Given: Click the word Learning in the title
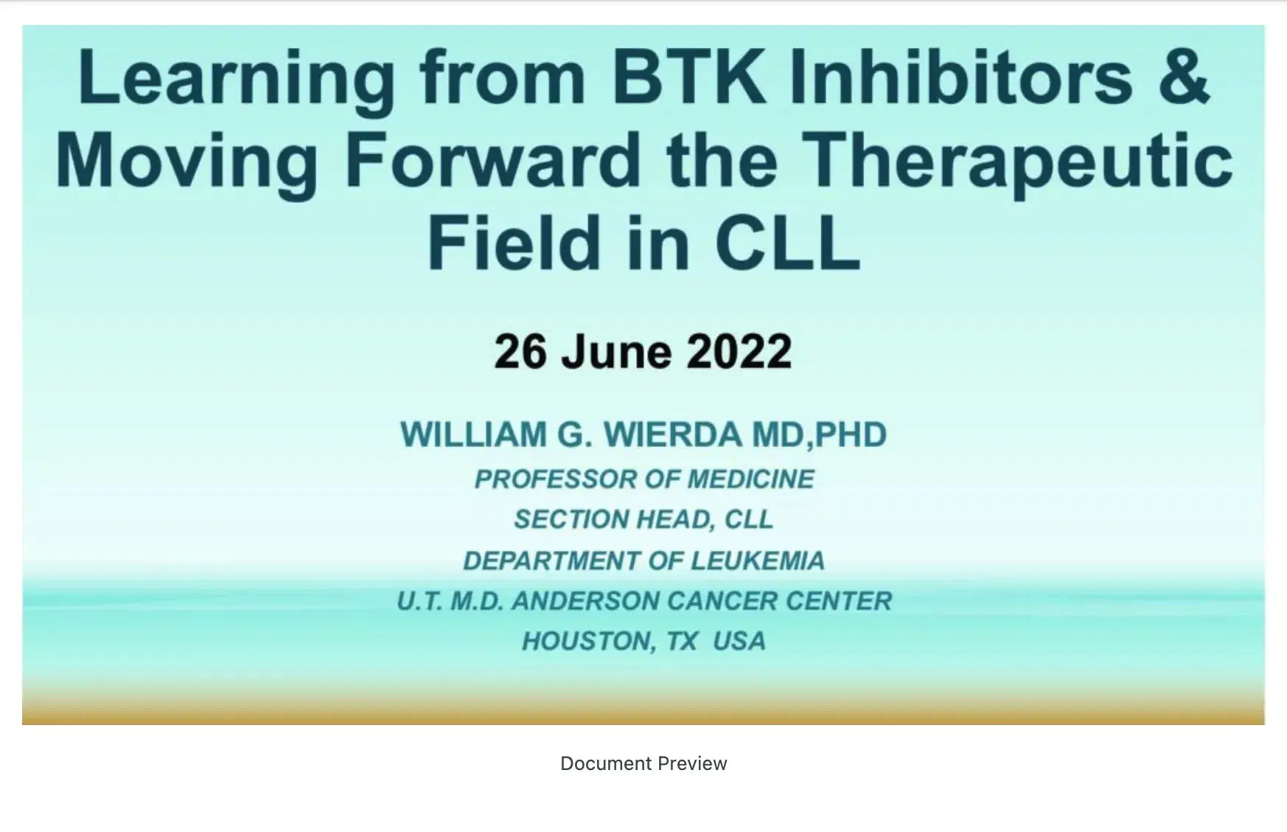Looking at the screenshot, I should click(236, 78).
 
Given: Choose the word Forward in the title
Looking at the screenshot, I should click(492, 161).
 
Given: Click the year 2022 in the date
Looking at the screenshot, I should click(739, 352).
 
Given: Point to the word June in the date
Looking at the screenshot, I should click(616, 352).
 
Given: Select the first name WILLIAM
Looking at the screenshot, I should click(474, 434).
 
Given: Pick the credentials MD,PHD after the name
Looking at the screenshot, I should click(819, 434).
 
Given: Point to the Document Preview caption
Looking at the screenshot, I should click(643, 763).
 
